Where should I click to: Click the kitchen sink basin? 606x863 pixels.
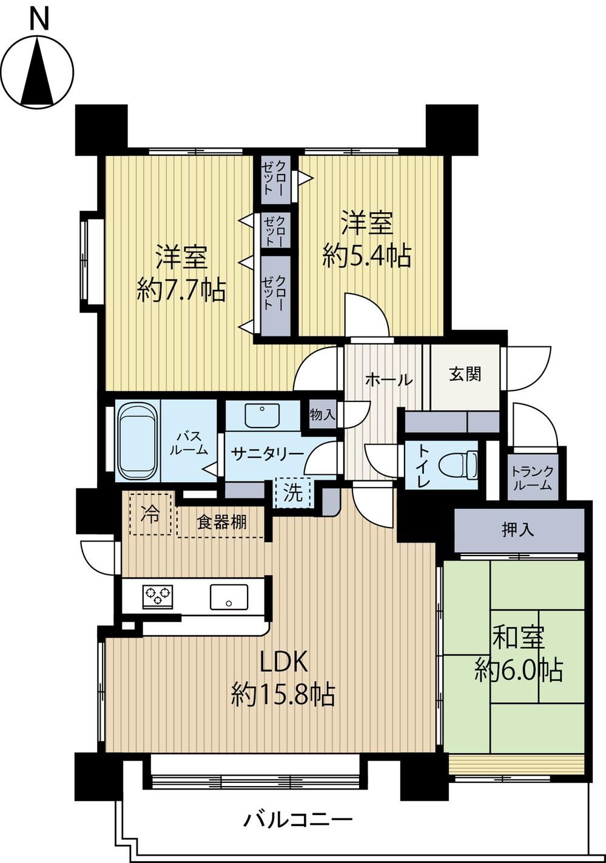click(229, 597)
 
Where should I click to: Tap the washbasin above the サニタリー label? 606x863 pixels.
click(262, 415)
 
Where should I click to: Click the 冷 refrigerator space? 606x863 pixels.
click(150, 514)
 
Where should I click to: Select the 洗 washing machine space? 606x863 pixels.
click(293, 494)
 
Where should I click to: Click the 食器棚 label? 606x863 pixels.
click(221, 522)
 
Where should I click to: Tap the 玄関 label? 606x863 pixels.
click(465, 374)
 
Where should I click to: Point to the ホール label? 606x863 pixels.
click(389, 380)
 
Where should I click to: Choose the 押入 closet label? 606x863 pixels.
click(518, 530)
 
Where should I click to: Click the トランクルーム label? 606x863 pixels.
click(533, 478)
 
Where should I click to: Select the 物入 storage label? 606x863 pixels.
click(323, 415)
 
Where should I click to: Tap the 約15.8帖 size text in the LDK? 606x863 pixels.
click(283, 694)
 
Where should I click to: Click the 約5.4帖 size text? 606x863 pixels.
click(367, 255)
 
